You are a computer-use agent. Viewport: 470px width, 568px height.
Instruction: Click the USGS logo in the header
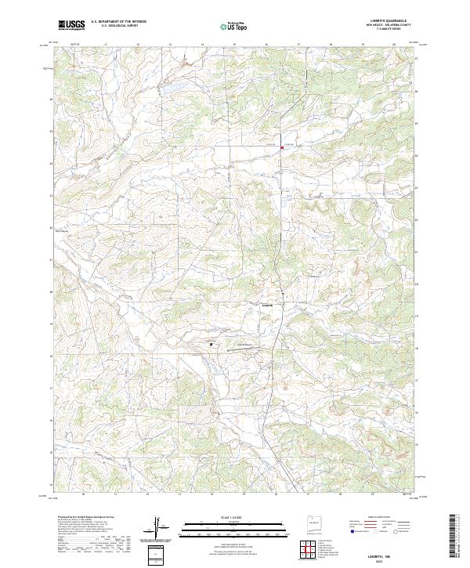[x=72, y=25]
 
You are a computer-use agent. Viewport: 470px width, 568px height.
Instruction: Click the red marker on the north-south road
[x=282, y=146]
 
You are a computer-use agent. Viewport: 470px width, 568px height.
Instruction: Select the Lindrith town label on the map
[x=266, y=305]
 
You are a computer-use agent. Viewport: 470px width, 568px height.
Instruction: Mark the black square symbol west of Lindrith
[x=211, y=342]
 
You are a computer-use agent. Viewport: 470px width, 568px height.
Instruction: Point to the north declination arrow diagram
[x=157, y=527]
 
